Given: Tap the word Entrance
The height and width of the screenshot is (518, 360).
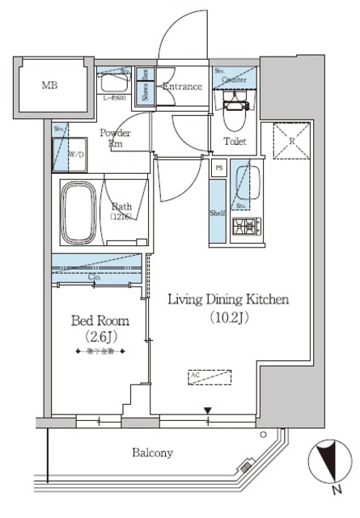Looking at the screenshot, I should (182, 87).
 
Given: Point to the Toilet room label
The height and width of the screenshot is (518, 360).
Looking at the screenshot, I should (235, 142).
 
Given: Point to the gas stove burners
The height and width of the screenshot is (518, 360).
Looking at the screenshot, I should (244, 227).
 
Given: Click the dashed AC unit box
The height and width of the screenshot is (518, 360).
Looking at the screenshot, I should (209, 376).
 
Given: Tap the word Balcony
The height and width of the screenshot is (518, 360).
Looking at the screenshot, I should (152, 453).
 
